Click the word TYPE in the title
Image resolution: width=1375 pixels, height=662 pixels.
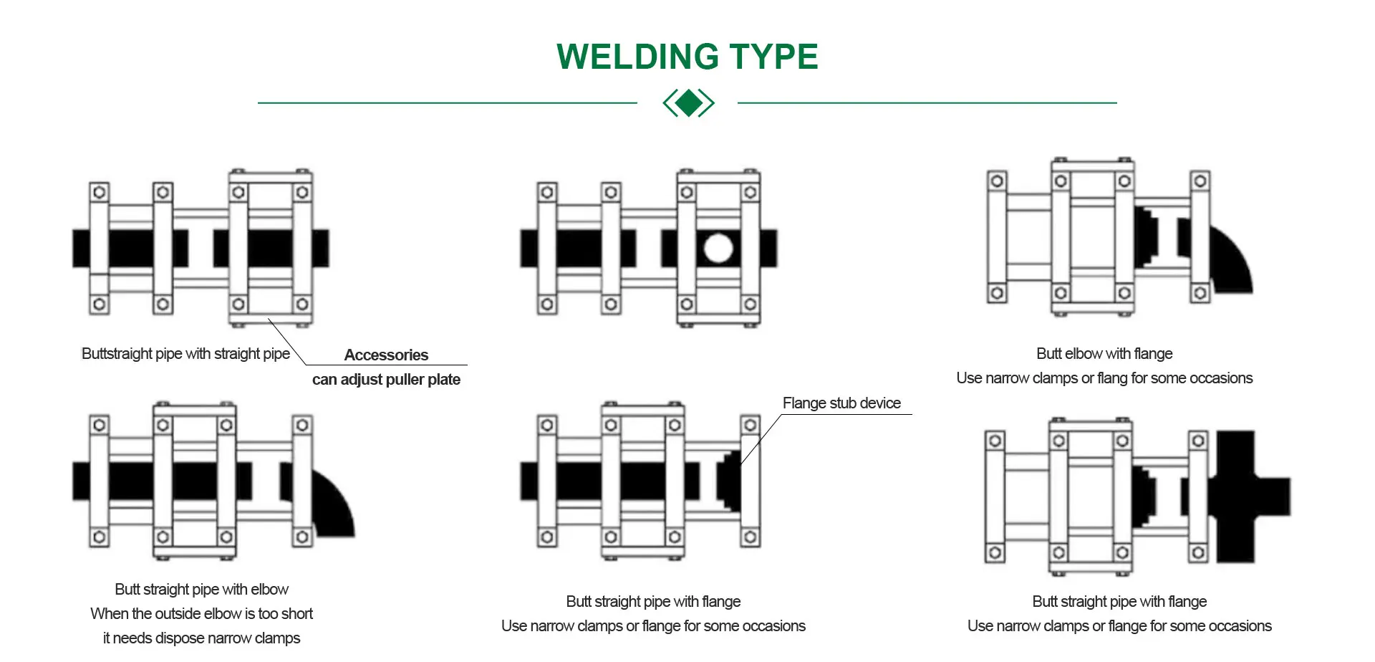pos(773,57)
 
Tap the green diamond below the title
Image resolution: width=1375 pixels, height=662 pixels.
pos(689,103)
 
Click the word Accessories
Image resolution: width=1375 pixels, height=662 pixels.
pos(386,355)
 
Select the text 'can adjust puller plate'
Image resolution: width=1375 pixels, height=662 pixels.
pos(386,379)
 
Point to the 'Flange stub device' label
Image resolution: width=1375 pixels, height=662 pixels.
pos(841,403)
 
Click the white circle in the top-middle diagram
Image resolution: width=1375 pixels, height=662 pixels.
pos(718,249)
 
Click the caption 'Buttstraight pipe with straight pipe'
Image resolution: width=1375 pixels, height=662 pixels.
pos(185,353)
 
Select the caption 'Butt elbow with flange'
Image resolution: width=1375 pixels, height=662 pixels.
pos(1104,353)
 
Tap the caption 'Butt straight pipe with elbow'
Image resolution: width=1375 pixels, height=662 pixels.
pos(201,589)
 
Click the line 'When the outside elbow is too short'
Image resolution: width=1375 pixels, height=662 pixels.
pos(201,613)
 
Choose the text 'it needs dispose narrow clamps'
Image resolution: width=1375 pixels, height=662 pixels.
pos(201,638)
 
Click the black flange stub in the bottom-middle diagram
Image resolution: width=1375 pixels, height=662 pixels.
pos(730,480)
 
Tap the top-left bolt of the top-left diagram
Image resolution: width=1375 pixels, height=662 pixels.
pos(100,192)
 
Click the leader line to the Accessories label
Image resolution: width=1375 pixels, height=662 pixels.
pos(286,342)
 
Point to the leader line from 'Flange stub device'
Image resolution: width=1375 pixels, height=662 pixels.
pos(761,439)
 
